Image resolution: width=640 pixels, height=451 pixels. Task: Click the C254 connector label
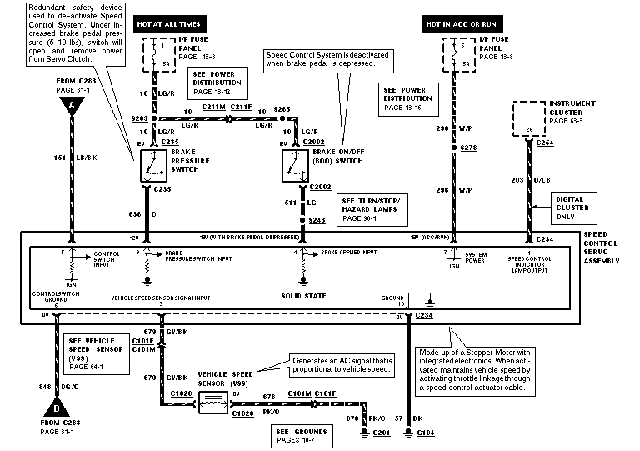click(544, 143)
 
